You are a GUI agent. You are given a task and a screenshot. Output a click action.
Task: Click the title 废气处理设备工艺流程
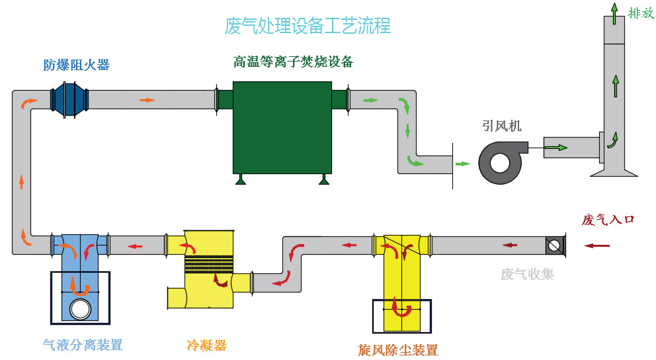[307, 26]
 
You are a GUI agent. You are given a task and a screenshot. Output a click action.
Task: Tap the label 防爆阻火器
[77, 65]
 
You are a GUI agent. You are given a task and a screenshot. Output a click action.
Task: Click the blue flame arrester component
[69, 99]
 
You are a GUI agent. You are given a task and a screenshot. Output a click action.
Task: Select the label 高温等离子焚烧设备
[293, 62]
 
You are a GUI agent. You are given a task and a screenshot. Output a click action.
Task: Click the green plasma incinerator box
[282, 126]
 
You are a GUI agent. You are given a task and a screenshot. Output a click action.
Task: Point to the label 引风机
[501, 125]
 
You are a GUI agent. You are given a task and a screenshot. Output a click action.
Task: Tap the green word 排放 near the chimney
[640, 13]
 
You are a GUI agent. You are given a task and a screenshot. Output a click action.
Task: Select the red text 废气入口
[608, 220]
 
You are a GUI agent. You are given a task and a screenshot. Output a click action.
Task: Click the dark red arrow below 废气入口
[597, 246]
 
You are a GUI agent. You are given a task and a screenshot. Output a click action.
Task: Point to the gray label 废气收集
[527, 273]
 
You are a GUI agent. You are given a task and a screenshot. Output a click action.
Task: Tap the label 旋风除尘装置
[398, 349]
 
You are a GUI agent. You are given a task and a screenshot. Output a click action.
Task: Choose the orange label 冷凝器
[206, 345]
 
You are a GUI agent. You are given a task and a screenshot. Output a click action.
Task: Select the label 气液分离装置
[83, 345]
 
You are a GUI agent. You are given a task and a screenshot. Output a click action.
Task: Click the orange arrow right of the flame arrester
[147, 100]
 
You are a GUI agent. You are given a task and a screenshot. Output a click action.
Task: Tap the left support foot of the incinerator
[241, 179]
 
